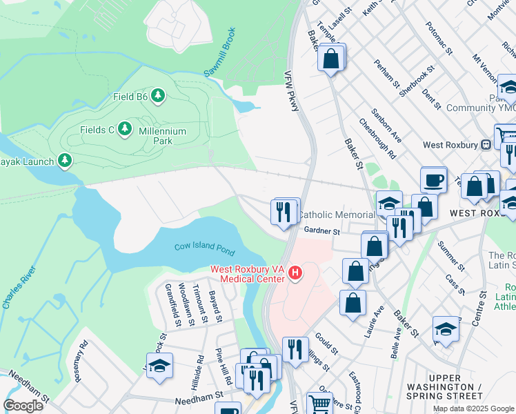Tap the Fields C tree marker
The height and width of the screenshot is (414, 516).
[x=124, y=129]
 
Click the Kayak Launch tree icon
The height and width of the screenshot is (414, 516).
[x=65, y=161]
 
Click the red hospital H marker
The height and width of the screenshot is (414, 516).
[x=295, y=274]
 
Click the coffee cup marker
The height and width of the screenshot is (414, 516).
[x=433, y=181]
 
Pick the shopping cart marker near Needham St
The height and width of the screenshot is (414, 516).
[x=319, y=404]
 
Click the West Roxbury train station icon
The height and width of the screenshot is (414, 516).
[x=486, y=145]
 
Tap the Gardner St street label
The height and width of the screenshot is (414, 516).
[x=321, y=232]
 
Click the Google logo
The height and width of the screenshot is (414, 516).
[x=23, y=405]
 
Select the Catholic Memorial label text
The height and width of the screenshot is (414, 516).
[x=336, y=215]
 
